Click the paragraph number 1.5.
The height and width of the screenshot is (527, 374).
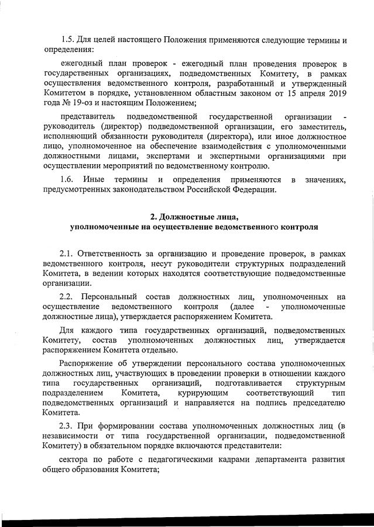(x=67, y=40)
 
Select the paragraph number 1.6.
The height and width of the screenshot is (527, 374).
(x=67, y=179)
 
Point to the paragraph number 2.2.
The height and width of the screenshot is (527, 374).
(x=67, y=297)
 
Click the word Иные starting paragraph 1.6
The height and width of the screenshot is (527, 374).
(x=94, y=179)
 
